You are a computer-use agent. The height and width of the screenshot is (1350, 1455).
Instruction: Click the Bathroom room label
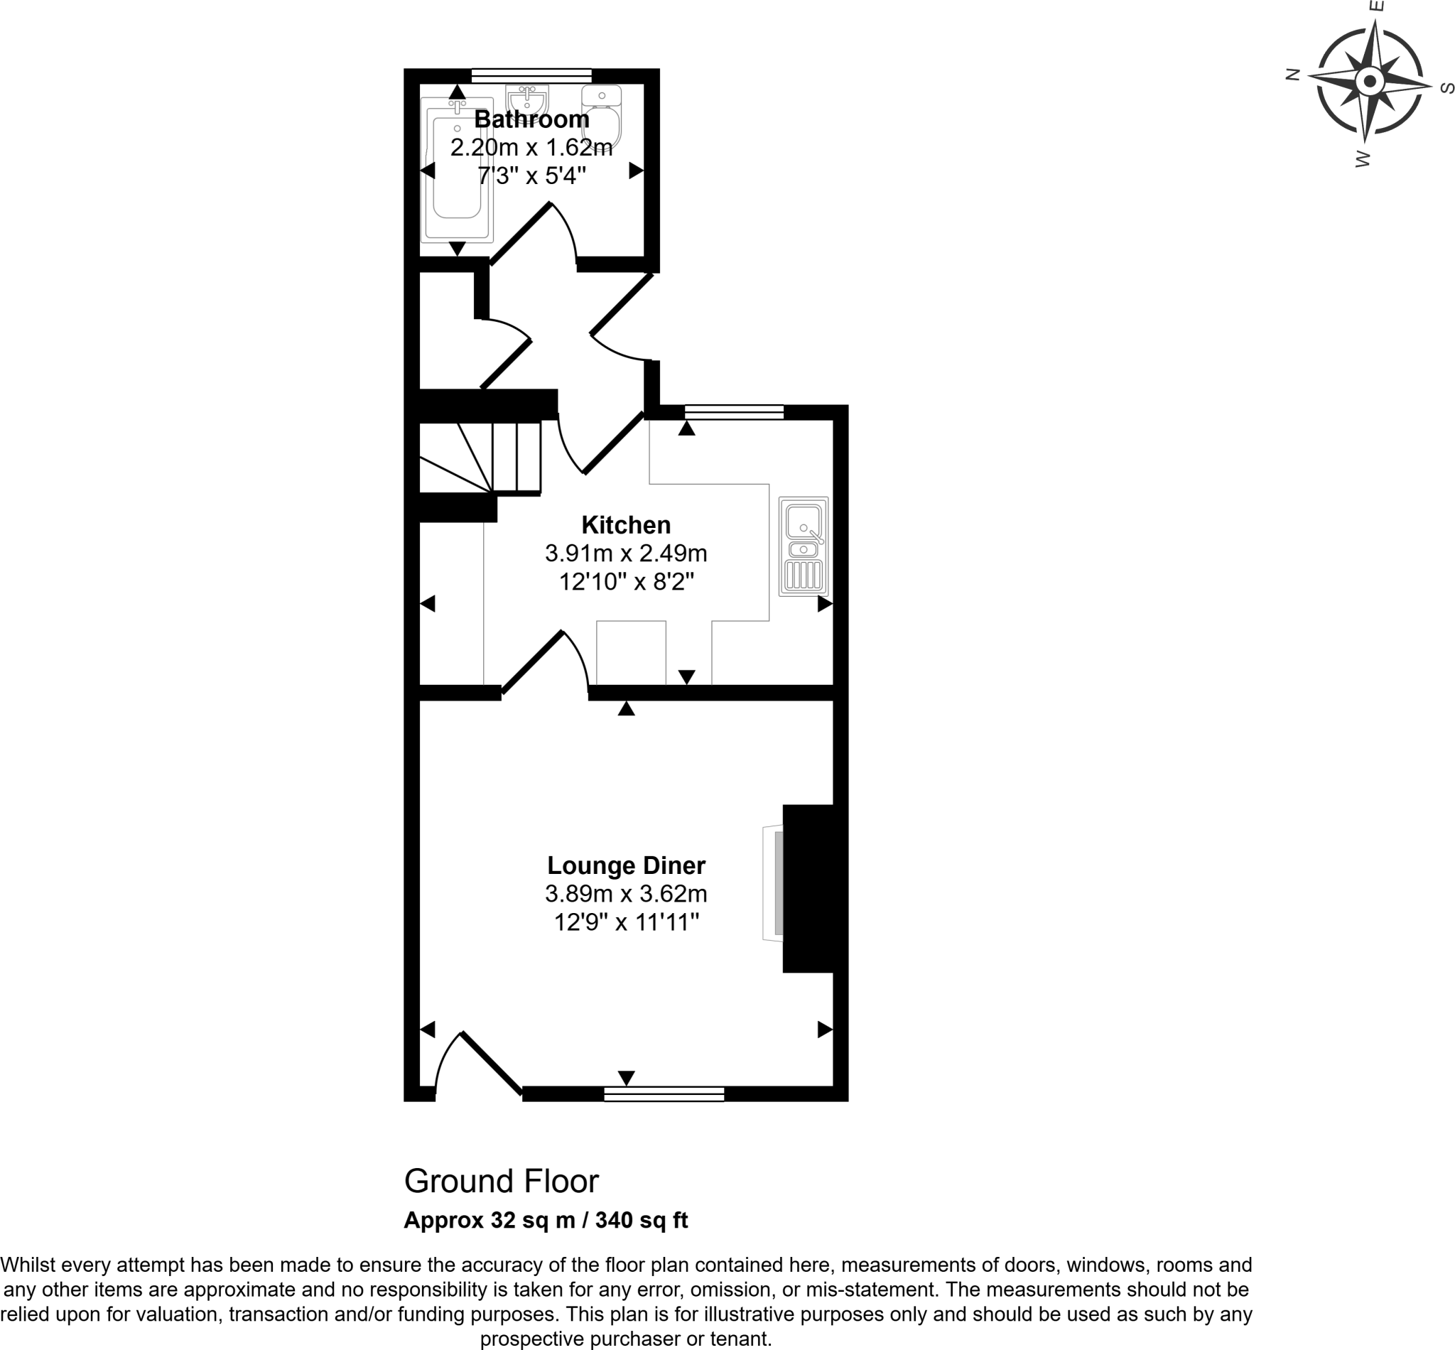[531, 119]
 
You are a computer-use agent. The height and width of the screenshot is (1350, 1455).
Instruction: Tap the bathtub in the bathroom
[458, 170]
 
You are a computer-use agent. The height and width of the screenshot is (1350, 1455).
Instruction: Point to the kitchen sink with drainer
[803, 546]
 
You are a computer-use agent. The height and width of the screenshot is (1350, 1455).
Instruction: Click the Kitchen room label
[625, 524]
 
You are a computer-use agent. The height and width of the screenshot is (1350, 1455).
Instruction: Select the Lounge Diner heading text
[625, 865]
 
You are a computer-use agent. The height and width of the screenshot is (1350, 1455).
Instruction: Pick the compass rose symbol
[1370, 80]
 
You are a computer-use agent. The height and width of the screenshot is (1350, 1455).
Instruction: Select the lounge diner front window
[664, 1093]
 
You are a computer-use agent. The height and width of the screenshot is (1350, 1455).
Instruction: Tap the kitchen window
[733, 412]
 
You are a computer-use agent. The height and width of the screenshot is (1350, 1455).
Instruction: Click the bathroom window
[531, 75]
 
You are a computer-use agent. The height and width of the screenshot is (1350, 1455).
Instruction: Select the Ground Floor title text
[501, 1181]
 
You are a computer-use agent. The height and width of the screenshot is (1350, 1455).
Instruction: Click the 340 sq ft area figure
[641, 1220]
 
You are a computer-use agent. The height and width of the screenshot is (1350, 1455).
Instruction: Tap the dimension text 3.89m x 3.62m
[625, 893]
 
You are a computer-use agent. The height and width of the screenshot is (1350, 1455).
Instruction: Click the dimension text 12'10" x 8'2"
[625, 581]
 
